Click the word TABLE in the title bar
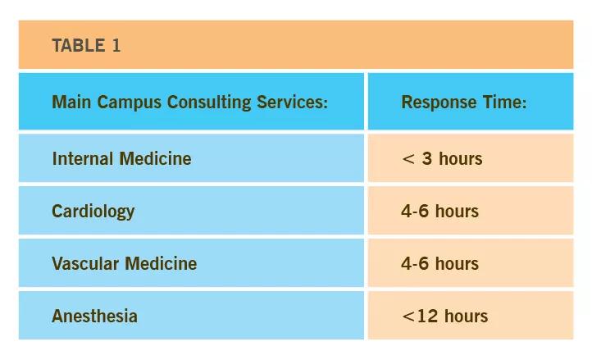point(79,46)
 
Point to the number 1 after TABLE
point(116,46)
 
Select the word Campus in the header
point(129,103)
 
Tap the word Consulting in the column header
point(209,103)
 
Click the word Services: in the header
point(292,102)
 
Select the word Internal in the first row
point(83,158)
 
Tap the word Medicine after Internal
point(155,158)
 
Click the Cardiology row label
point(93,212)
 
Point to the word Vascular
point(86,264)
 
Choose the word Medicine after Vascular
point(161,264)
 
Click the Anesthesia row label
point(95,317)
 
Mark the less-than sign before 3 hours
point(408,159)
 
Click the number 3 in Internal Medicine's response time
point(427,158)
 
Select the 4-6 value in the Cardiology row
point(415,212)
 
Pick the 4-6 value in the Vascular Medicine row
point(415,264)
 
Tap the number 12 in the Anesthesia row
point(427,317)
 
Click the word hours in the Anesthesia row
point(467,317)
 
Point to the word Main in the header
point(71,102)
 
